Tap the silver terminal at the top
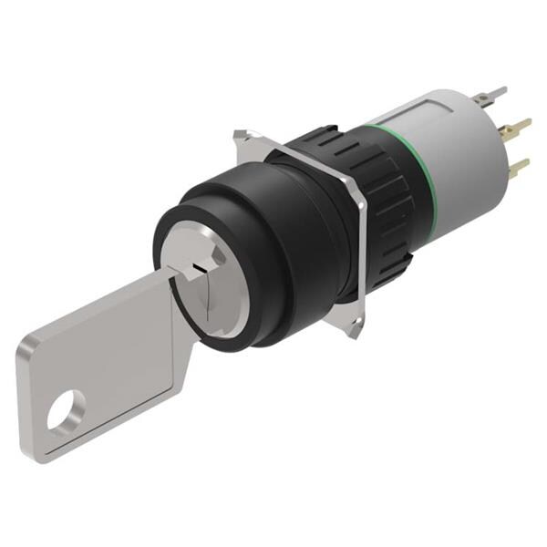pos(493,94)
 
